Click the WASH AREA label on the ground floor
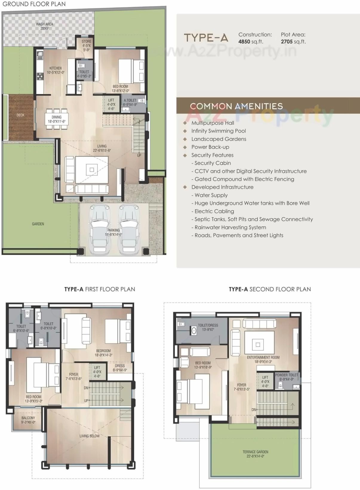[44, 24]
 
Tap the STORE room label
[86, 41]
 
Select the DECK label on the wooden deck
[21, 115]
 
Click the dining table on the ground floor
[57, 118]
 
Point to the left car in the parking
[99, 228]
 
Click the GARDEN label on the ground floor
[38, 224]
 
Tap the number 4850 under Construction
[244, 42]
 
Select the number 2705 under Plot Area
[287, 42]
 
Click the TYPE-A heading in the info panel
[206, 38]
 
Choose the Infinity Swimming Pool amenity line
[219, 131]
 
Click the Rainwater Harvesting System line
[230, 227]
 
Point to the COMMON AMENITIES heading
[236, 106]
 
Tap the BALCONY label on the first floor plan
[28, 418]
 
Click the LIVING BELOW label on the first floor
[90, 436]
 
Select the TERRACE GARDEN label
[255, 452]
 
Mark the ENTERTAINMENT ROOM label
[263, 357]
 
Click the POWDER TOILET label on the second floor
[287, 375]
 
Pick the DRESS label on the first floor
[120, 366]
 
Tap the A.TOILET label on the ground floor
[130, 100]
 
